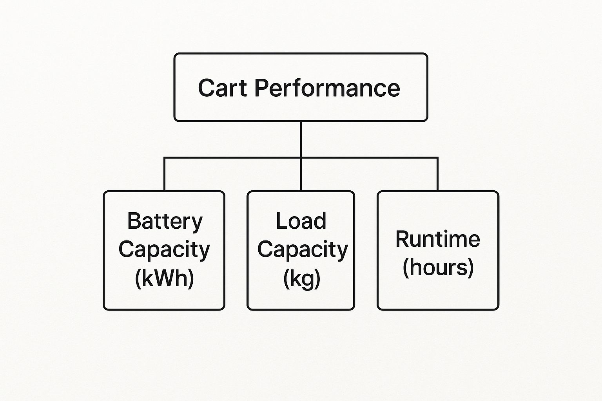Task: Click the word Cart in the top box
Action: (222, 88)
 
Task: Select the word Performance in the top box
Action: (327, 89)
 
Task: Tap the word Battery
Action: (165, 221)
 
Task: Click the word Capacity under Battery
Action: (164, 250)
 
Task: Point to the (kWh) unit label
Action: (164, 278)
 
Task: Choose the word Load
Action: (301, 221)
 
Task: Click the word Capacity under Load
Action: (302, 250)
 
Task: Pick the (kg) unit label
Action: (302, 279)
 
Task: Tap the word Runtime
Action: (438, 239)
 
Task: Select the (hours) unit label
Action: (438, 267)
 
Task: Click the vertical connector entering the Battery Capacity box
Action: (165, 174)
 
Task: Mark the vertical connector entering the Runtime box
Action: (437, 174)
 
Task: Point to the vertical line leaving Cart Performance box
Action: (301, 139)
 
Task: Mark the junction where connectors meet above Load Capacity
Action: (301, 158)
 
